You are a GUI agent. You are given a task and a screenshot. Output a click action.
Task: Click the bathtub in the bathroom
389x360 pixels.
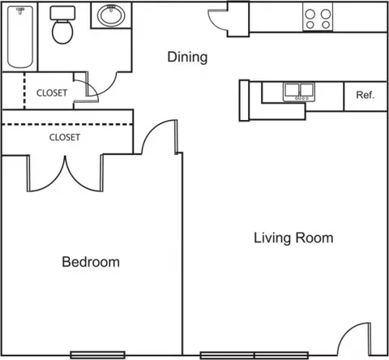coord(20,37)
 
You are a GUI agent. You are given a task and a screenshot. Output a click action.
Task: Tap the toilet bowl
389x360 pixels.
coord(62,32)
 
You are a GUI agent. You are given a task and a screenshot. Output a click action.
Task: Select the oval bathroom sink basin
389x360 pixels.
coord(111,15)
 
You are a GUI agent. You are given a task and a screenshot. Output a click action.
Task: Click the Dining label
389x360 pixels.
coord(187,57)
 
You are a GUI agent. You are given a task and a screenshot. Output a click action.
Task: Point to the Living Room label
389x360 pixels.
coord(293,238)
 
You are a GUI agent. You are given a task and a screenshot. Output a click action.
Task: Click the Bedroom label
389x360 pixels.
coord(91,262)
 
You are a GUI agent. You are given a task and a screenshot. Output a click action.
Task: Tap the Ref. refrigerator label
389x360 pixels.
coord(365,95)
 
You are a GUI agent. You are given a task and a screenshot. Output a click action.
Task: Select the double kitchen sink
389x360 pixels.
coord(299,92)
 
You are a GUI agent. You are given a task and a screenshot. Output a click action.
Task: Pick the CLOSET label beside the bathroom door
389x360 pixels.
coord(52,93)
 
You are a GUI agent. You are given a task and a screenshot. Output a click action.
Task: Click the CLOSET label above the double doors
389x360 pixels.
coord(65,137)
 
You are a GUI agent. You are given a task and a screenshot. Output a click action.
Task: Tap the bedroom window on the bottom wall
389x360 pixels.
coord(97,355)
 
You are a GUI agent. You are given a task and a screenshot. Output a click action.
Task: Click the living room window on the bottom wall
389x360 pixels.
coord(254,355)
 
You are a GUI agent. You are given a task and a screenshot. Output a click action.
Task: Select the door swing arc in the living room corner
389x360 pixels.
coord(347,332)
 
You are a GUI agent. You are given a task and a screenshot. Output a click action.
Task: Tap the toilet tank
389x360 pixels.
coord(62,13)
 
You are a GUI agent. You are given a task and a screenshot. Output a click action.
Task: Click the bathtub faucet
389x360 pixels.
coord(20,11)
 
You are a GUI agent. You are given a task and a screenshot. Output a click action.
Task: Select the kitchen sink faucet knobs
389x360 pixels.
coord(299,98)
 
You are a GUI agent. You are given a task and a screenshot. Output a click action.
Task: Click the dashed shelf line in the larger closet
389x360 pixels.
coord(67,124)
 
